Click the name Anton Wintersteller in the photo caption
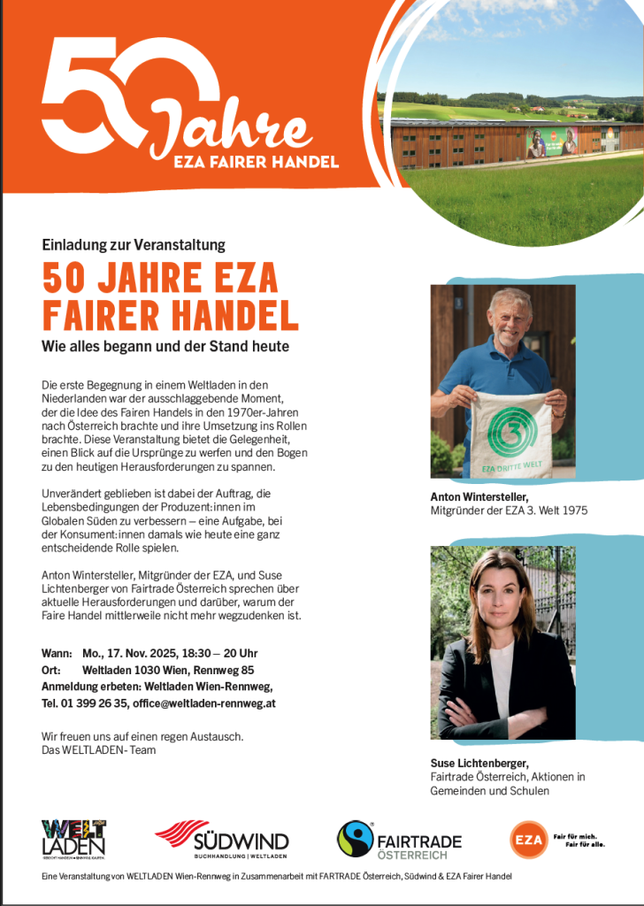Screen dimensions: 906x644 tap(479, 497)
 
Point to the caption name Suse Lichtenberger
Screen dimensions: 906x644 tap(479, 763)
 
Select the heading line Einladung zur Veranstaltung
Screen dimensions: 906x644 tap(134, 244)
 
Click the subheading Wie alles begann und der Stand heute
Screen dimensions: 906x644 tap(165, 346)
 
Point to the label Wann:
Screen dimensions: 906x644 tap(57, 653)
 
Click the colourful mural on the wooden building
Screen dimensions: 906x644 tap(553, 142)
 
